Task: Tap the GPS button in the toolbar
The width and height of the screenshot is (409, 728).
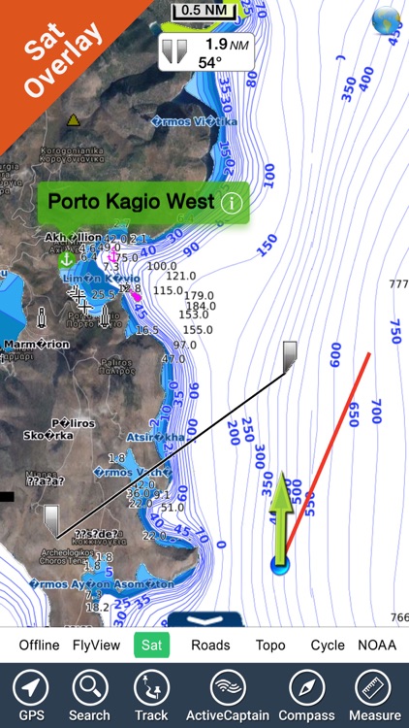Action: click(x=31, y=695)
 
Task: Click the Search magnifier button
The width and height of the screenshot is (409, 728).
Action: click(x=89, y=695)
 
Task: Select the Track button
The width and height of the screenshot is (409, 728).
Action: click(x=151, y=695)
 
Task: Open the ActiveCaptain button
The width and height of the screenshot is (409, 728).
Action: click(x=225, y=695)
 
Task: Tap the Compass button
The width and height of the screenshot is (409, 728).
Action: click(x=306, y=695)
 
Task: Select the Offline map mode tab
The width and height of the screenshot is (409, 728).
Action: click(x=39, y=645)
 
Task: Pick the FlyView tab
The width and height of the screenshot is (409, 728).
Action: click(x=96, y=645)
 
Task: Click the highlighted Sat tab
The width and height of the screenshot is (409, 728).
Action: click(x=151, y=645)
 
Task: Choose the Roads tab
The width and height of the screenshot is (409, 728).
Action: click(x=210, y=645)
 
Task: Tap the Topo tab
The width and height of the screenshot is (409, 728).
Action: click(x=270, y=645)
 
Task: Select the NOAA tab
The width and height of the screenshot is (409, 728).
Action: click(x=377, y=645)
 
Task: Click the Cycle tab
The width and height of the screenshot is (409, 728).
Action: click(x=328, y=645)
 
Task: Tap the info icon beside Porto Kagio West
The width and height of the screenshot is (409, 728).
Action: click(x=231, y=204)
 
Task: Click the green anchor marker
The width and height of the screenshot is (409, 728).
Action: click(x=66, y=259)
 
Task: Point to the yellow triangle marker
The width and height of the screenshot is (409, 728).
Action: click(x=73, y=121)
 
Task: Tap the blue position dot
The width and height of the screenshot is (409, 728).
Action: click(x=280, y=564)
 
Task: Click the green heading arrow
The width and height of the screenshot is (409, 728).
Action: click(x=282, y=514)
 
